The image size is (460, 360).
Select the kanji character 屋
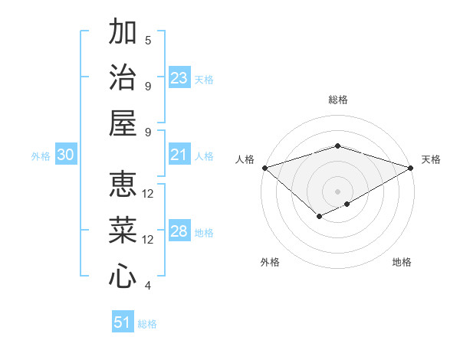coord(123,123)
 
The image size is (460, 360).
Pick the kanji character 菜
coord(123,230)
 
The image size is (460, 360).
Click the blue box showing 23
coord(179,78)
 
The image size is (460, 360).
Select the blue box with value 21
coord(179,155)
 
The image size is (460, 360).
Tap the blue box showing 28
coord(179,232)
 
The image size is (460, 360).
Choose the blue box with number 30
coord(65,155)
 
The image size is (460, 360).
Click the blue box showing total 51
coord(123,322)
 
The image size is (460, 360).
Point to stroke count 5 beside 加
coord(148,40)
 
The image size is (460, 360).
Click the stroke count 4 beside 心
coord(148,286)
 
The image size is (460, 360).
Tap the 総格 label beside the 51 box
coord(147,324)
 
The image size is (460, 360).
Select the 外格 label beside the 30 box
coord(41,156)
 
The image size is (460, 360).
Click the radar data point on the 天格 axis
coord(411,168)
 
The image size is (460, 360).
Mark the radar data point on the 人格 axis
coord(264,168)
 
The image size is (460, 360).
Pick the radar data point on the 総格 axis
coord(337,146)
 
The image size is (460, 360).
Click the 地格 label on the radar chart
coord(402,262)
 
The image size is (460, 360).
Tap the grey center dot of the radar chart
coord(337,191)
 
